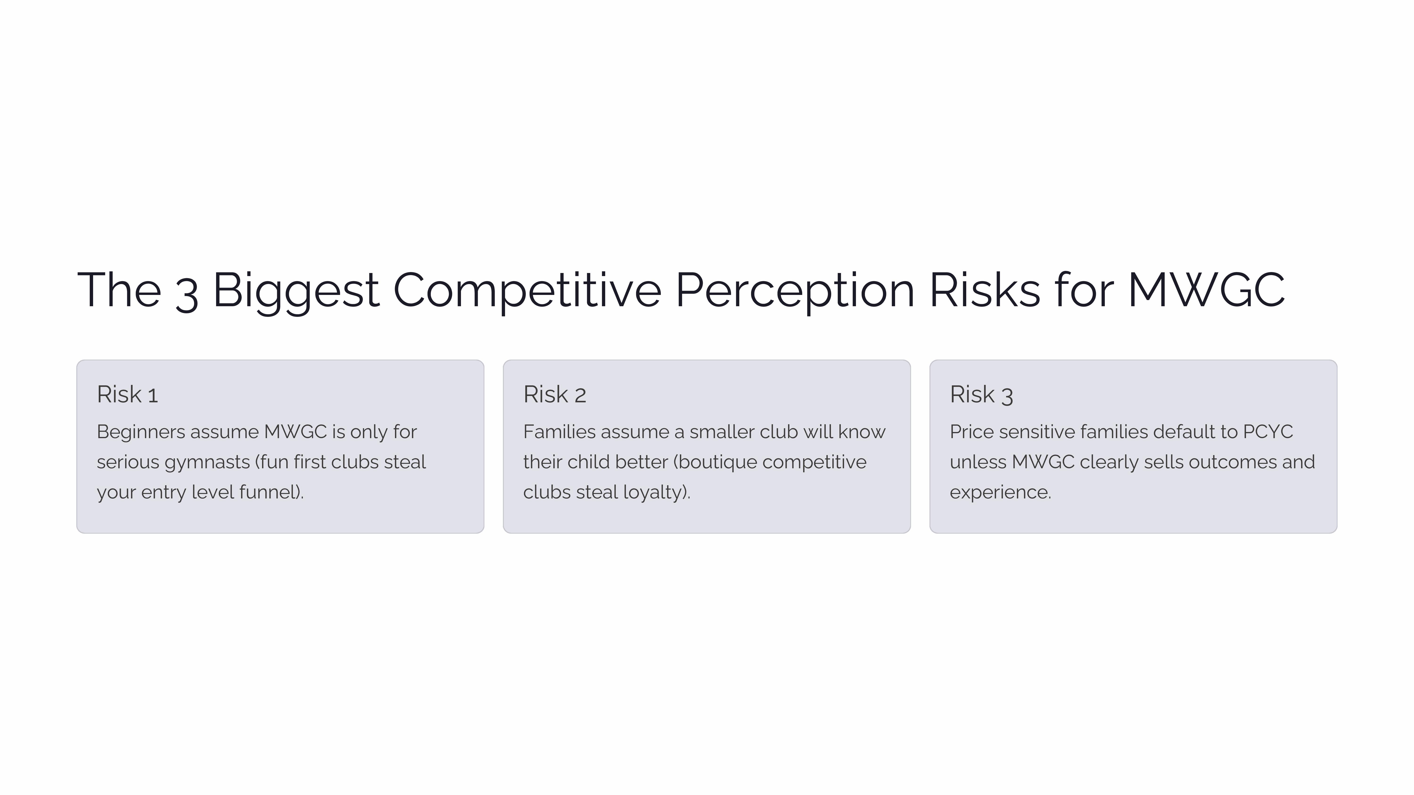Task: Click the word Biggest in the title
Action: click(295, 291)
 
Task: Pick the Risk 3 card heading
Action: click(981, 395)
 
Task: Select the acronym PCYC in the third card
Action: click(1268, 432)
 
